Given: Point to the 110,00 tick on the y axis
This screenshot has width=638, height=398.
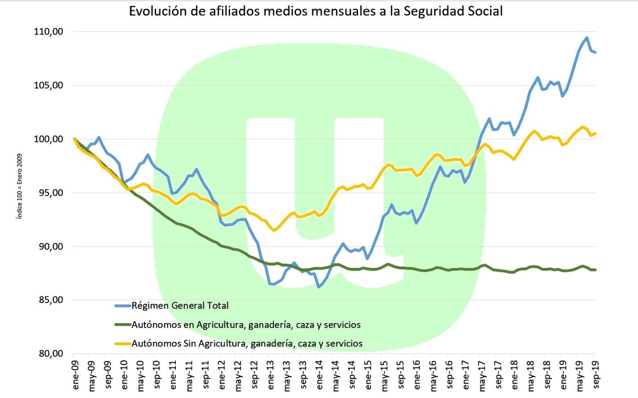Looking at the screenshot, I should [48, 32].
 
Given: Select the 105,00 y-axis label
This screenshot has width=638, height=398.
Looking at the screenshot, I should [48, 85].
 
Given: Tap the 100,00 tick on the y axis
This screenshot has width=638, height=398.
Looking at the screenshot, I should [48, 139].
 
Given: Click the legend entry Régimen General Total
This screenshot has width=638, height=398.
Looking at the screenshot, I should [180, 305].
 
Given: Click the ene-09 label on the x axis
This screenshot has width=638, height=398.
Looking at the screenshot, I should [75, 374].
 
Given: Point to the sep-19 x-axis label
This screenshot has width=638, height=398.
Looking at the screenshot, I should [593, 374].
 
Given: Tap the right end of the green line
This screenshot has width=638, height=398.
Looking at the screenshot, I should [596, 270].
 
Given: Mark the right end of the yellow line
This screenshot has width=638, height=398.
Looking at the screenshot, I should [596, 134].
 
